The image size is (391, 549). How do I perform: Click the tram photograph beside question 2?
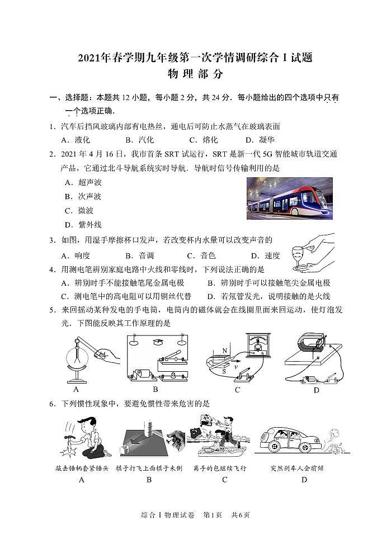point(289,198)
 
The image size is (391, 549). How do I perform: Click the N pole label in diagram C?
point(224,351)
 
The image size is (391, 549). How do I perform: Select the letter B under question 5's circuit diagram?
point(156,389)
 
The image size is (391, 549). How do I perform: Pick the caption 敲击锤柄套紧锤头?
point(82,467)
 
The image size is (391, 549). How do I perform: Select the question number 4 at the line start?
point(51,269)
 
